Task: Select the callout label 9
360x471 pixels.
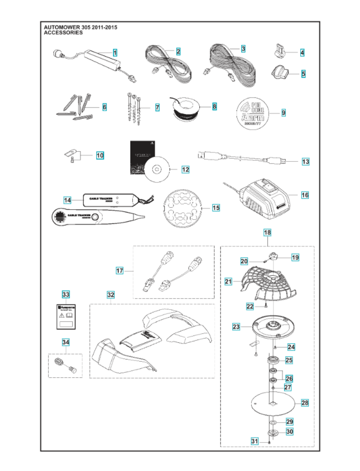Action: coord(283,113)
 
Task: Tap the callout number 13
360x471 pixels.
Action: coord(305,162)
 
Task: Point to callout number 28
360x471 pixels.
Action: coord(305,403)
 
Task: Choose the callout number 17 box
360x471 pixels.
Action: coord(120,271)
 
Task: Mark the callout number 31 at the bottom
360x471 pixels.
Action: coord(255,441)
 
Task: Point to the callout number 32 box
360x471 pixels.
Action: coord(110,295)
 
